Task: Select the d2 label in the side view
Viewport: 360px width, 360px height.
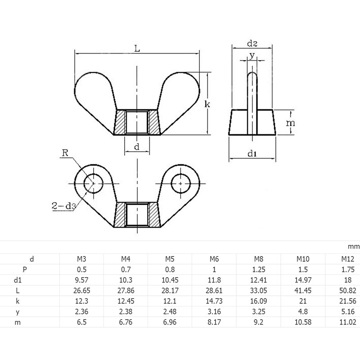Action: [x=252, y=44]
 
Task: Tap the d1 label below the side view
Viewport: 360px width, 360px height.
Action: [x=252, y=154]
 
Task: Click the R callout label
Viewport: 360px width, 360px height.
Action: [x=65, y=153]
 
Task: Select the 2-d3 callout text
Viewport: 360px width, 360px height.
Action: [x=63, y=207]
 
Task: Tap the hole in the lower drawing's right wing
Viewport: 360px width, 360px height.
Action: [x=180, y=184]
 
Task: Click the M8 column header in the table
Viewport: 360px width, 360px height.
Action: [x=258, y=259]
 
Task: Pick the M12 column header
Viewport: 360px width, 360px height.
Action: [x=346, y=259]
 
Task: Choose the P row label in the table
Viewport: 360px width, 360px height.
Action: [x=31, y=270]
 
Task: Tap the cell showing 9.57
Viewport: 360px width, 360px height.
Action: [x=82, y=280]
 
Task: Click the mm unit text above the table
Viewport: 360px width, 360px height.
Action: [x=353, y=247]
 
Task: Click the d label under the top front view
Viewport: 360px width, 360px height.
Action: [x=136, y=147]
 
